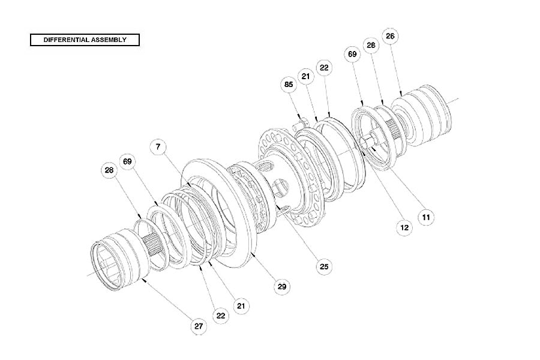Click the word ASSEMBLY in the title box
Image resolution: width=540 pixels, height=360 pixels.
click(x=108, y=40)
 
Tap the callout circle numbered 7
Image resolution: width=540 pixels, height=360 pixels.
click(x=158, y=147)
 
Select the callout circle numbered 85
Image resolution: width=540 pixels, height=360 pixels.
click(x=289, y=85)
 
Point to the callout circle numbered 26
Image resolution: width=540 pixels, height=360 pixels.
click(x=390, y=36)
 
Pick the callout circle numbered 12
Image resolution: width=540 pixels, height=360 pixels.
click(x=404, y=228)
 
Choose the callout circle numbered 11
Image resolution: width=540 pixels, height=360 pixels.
click(x=426, y=217)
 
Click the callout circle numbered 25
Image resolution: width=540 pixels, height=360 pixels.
click(x=324, y=265)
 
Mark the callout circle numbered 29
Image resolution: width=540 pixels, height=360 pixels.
click(x=282, y=287)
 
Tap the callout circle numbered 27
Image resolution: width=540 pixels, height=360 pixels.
click(x=199, y=326)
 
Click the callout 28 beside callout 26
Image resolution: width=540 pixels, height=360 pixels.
click(x=371, y=46)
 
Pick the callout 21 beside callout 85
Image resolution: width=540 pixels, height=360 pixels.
click(x=306, y=76)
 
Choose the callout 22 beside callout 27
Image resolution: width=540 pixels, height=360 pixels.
click(x=220, y=316)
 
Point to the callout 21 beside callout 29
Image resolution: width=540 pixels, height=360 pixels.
click(x=241, y=306)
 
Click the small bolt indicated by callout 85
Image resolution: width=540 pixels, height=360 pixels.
click(x=302, y=123)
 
